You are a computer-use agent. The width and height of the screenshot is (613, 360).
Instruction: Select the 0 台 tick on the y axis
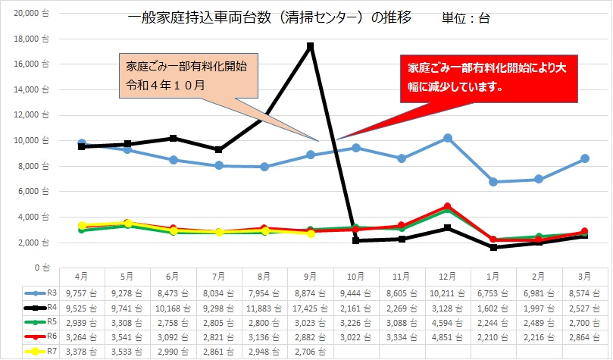click(41, 268)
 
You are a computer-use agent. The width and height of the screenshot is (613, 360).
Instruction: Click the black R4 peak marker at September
click(311, 46)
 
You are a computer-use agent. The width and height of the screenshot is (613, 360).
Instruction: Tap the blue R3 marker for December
click(448, 138)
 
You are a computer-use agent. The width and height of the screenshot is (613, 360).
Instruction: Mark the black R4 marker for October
click(357, 240)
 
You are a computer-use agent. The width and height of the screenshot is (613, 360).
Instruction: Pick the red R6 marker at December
click(448, 206)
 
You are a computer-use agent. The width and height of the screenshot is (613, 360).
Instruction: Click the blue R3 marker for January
click(494, 182)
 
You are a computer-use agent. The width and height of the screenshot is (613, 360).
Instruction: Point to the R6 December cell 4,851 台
click(448, 337)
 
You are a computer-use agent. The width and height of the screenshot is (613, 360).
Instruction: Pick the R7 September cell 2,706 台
click(311, 352)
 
